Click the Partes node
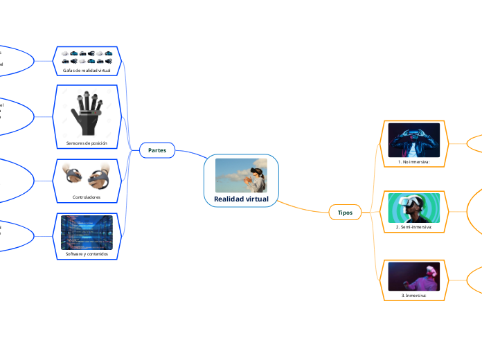[x=157, y=150]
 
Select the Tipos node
[x=345, y=213]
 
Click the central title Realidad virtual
[x=241, y=199]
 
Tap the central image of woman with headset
[x=241, y=175]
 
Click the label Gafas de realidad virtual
[x=87, y=71]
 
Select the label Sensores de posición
[x=87, y=143]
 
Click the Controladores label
[x=87, y=197]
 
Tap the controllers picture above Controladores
[x=87, y=175]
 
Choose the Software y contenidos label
[x=87, y=253]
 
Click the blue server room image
[x=87, y=232]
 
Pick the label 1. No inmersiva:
[x=414, y=162]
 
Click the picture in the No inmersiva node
[x=414, y=141]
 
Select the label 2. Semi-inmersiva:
[x=414, y=227]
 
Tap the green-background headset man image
[x=414, y=208]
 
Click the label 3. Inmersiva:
[x=414, y=295]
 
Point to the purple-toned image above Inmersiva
[x=414, y=276]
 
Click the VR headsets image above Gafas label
[x=87, y=57]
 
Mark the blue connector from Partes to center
[x=190, y=154]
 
